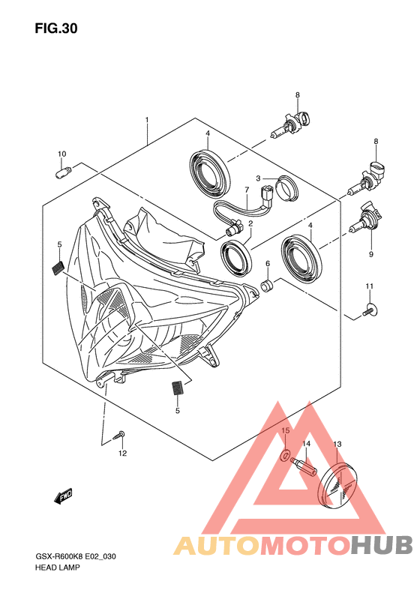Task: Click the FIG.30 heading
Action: coord(56,28)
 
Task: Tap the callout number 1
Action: coord(147,119)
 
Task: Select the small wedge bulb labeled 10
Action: coord(64,172)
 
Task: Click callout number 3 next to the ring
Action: coord(258,178)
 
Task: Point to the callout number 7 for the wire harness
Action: coord(247,190)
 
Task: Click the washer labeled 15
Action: coord(286,454)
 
